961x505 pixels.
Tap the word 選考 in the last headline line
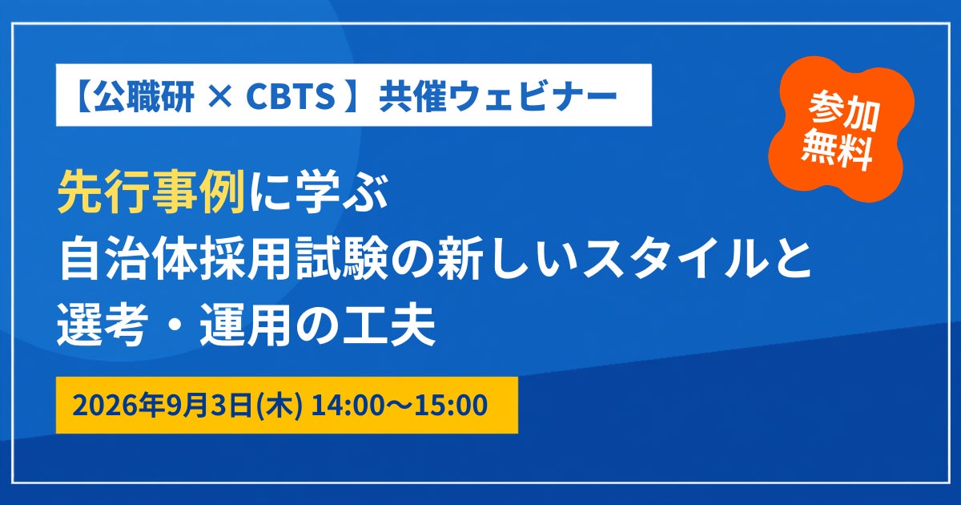click(103, 325)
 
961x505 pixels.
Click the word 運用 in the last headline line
click(245, 325)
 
